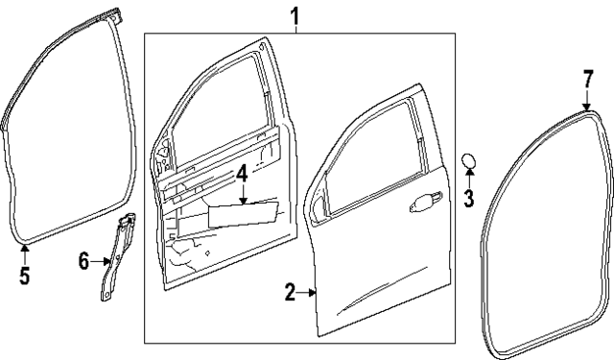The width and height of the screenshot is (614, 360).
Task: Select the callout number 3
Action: (469, 199)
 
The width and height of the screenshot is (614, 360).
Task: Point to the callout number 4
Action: (243, 175)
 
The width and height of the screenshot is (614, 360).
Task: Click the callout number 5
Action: (25, 276)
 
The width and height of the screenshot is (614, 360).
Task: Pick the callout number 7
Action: (588, 78)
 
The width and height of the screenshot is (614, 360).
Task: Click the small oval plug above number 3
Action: (469, 159)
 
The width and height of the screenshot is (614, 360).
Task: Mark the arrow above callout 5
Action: (25, 252)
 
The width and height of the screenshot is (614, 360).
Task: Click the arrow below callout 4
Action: (244, 196)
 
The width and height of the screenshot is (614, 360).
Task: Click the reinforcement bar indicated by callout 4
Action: (245, 212)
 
